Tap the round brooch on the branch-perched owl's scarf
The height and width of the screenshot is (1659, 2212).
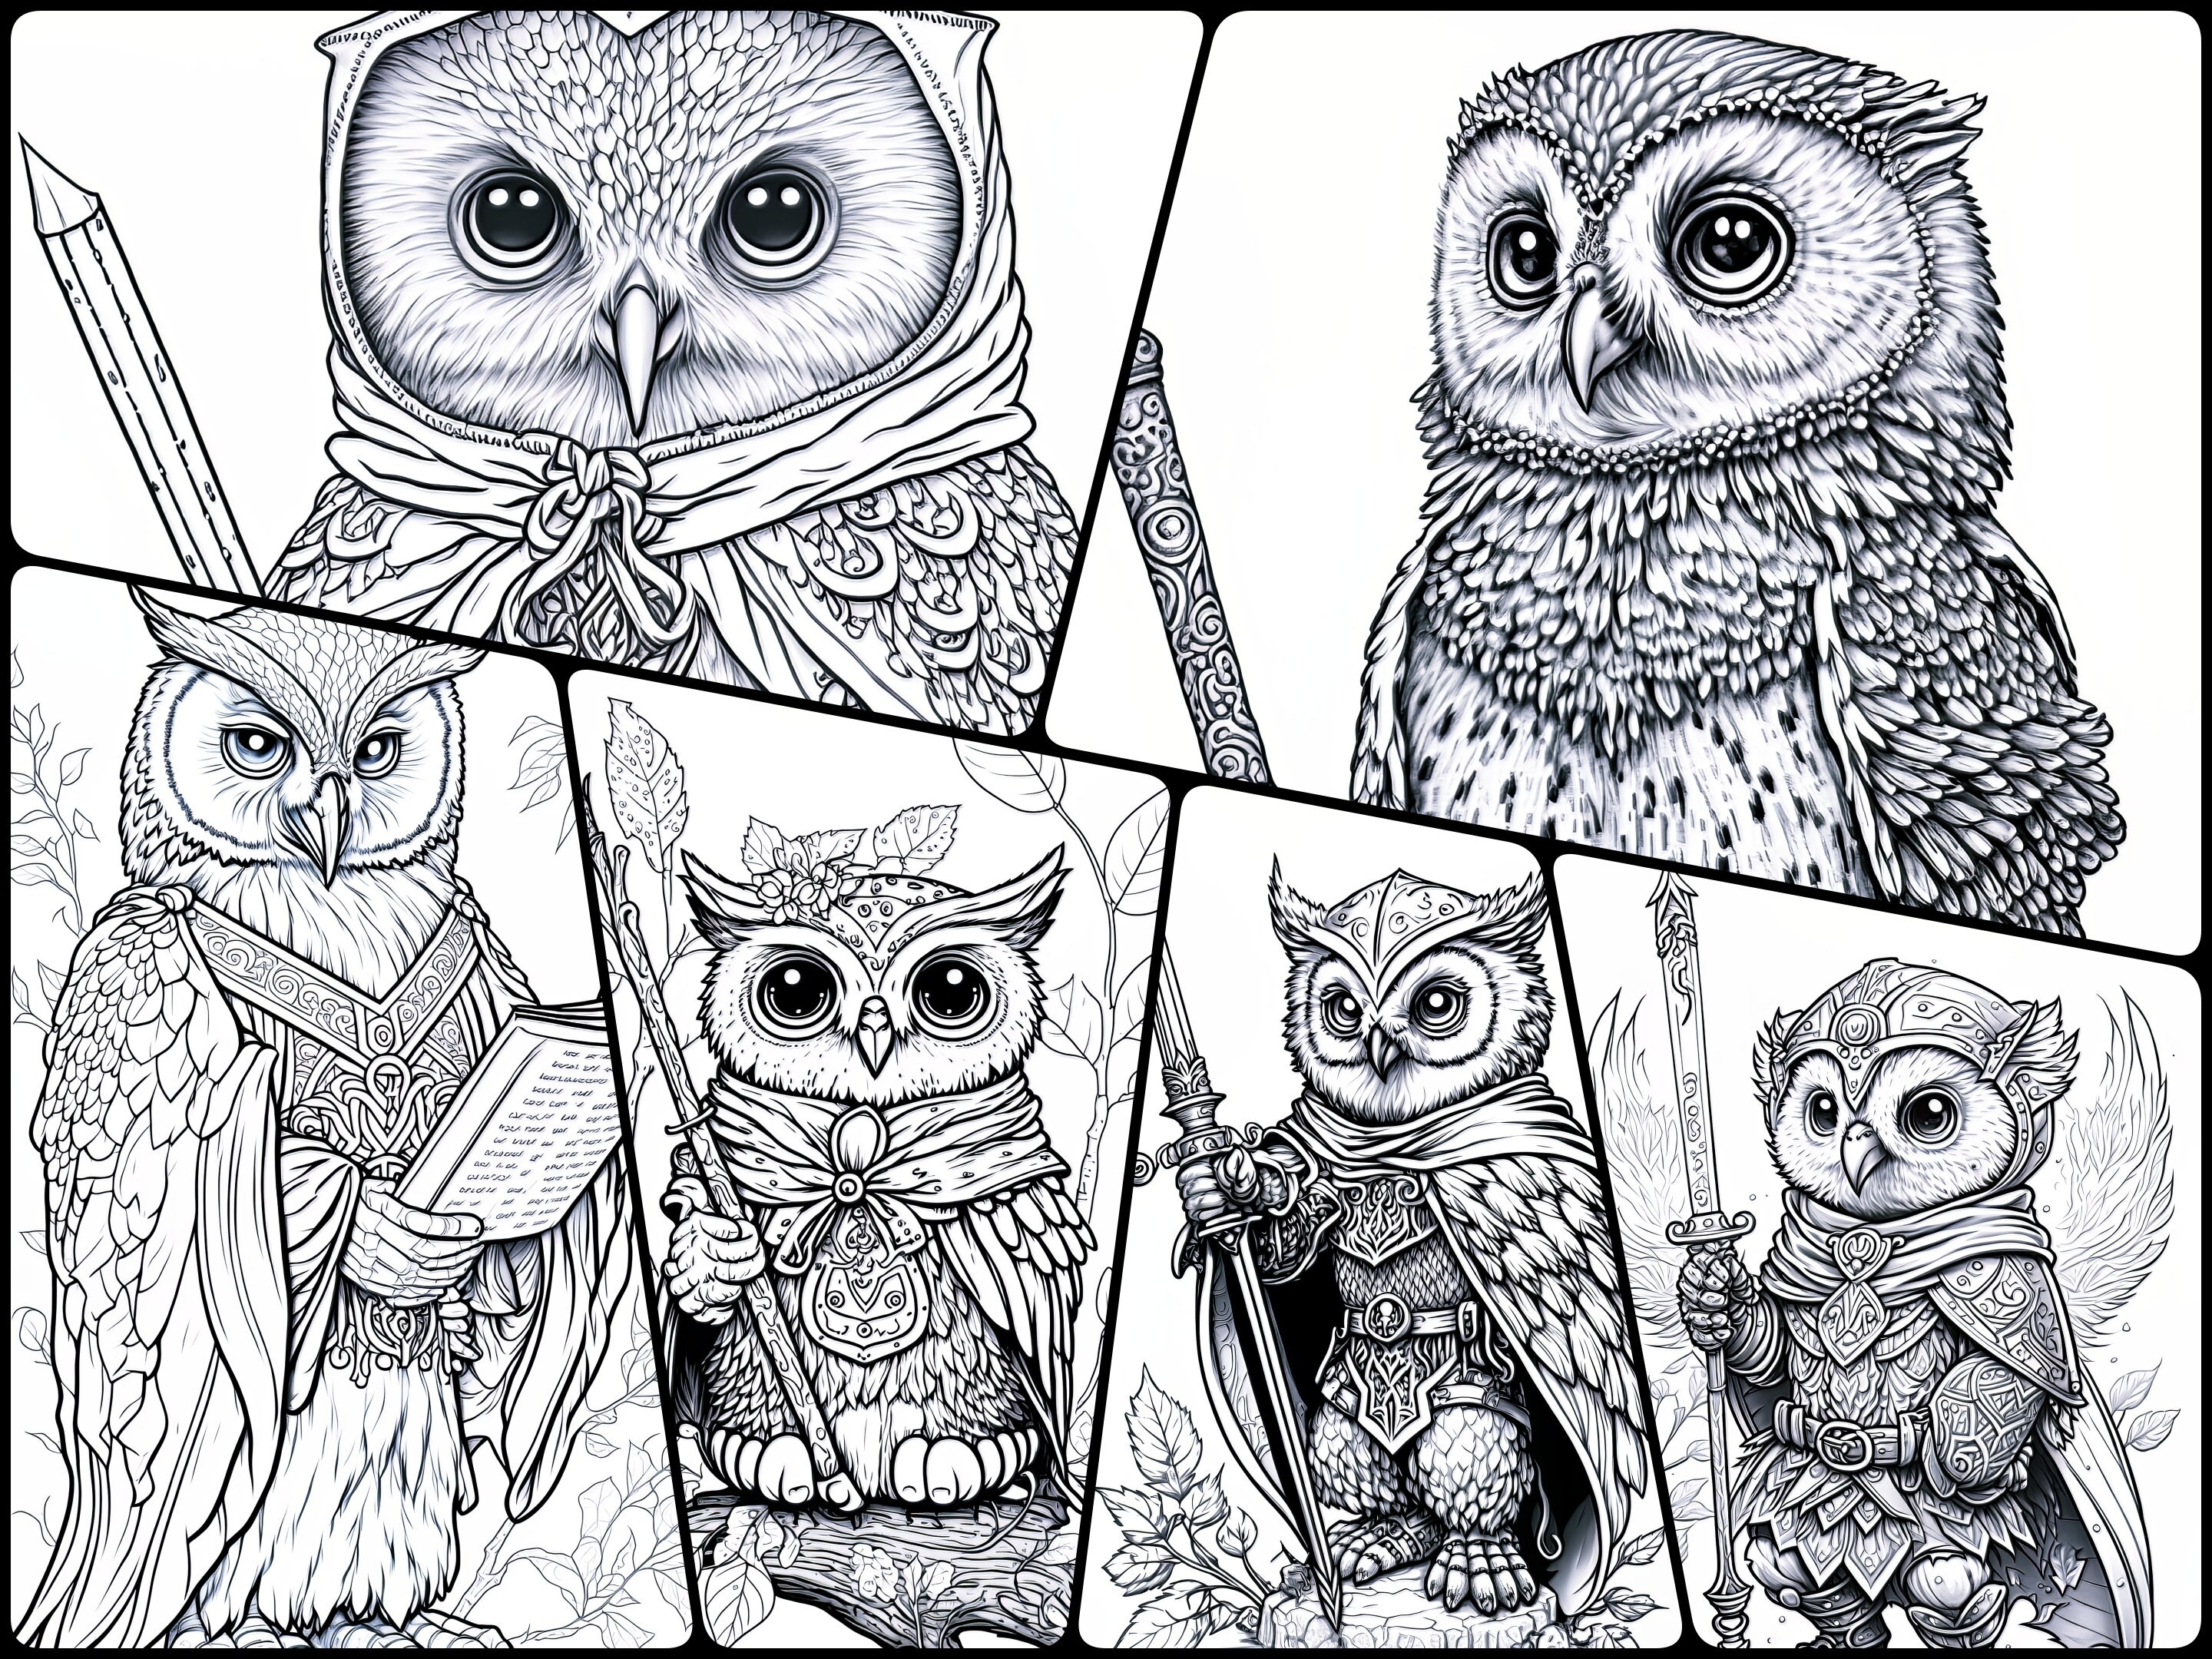pos(848,1186)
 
